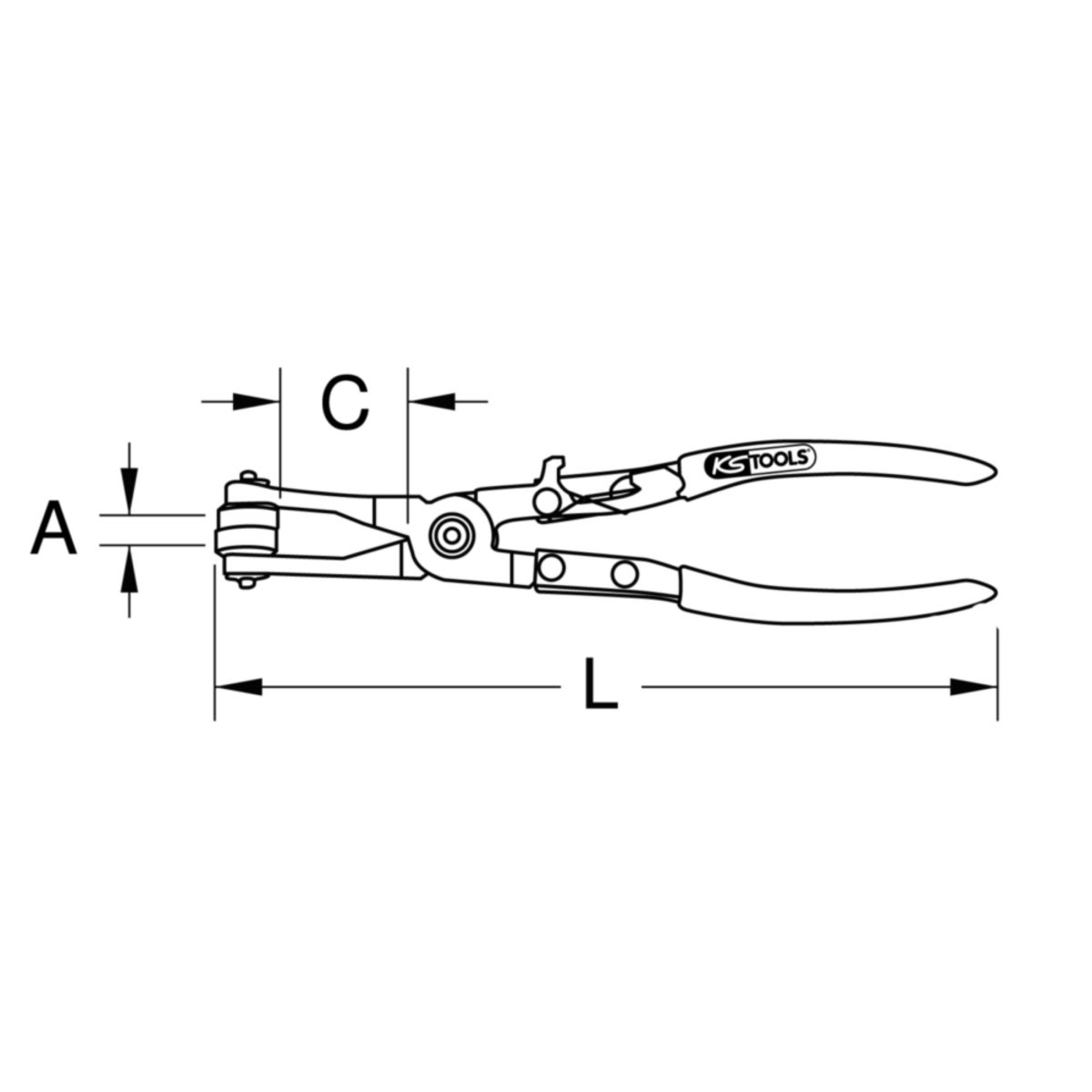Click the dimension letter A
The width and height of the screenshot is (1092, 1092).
tap(54, 527)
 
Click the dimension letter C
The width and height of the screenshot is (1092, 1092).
tap(345, 402)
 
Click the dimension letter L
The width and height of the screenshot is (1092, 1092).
tap(601, 683)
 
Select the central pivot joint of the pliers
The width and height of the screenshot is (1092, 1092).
tap(451, 535)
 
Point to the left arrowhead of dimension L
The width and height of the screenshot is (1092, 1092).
tap(238, 687)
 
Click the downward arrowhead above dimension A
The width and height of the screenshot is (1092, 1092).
tap(129, 493)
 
